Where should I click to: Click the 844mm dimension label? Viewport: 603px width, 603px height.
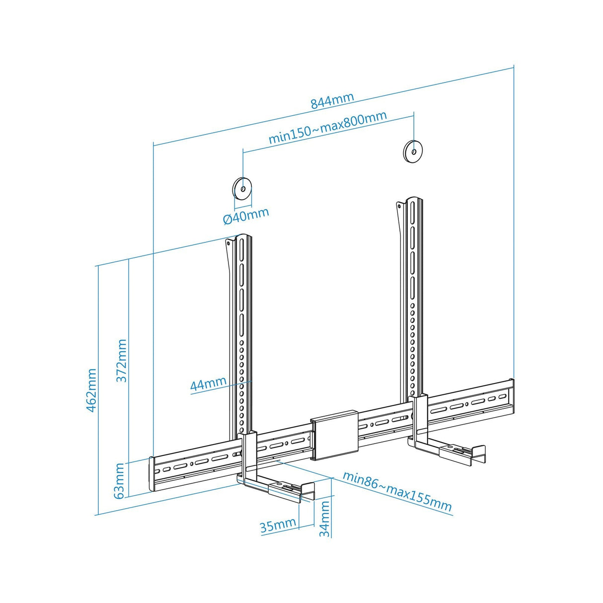[x=332, y=100]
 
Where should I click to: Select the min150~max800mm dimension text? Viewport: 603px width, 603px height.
[x=328, y=128]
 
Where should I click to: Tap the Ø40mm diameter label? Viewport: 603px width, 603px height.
[x=246, y=216]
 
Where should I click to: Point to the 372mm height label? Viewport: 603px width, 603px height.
[x=122, y=360]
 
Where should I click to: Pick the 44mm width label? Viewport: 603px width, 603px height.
[x=208, y=384]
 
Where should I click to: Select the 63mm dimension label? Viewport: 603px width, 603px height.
[x=120, y=480]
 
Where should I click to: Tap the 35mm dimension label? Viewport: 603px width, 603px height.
[x=278, y=525]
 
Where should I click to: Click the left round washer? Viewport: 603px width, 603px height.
[x=242, y=189]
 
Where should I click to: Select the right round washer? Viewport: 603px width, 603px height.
[x=413, y=150]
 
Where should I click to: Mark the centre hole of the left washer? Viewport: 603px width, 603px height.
[x=242, y=189]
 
